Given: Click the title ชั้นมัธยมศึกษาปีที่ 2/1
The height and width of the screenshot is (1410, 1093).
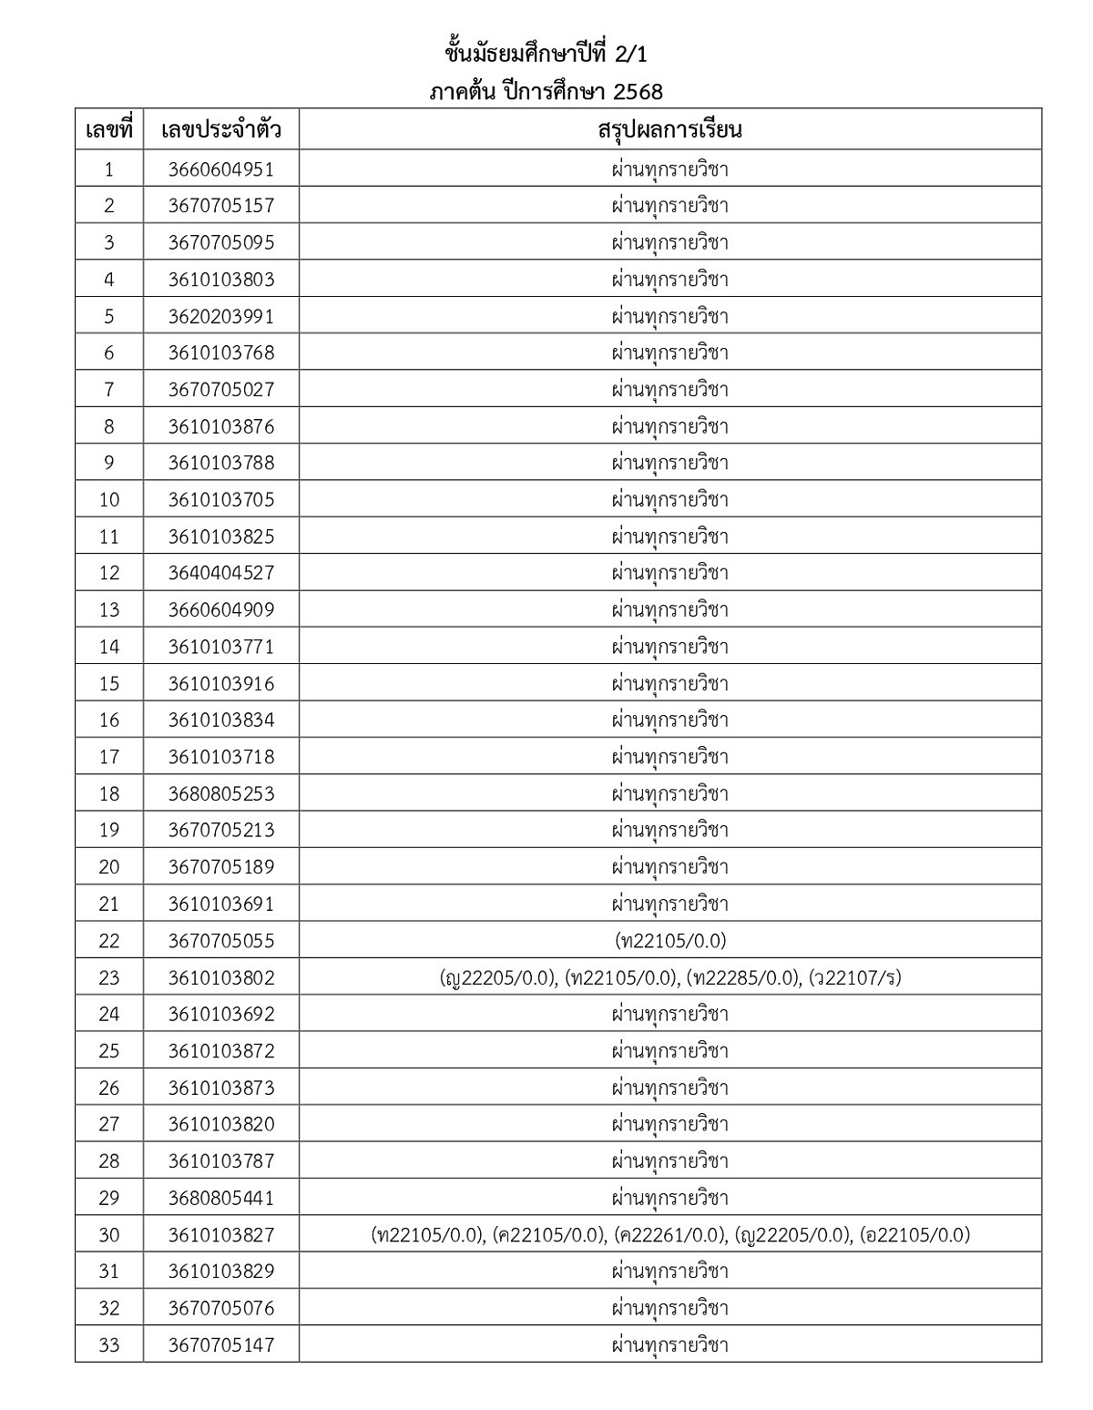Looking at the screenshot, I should (546, 55).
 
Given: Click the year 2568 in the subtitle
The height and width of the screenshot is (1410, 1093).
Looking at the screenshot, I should (638, 92).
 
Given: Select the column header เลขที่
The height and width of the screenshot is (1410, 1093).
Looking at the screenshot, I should (109, 129).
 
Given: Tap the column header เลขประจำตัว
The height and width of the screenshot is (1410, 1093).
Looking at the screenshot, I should (220, 129).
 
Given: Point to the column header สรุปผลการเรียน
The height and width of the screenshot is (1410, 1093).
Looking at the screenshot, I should (669, 129).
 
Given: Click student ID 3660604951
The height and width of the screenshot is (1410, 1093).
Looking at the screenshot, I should (220, 169).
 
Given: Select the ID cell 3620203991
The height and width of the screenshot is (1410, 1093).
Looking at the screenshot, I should (220, 316).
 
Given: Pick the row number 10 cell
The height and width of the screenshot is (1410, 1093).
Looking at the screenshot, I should (109, 499).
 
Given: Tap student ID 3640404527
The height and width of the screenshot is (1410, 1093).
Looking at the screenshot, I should (220, 573).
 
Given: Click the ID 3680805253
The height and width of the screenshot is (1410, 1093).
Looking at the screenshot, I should (220, 793).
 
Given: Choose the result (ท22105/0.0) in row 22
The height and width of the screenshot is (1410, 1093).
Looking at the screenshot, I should (670, 940).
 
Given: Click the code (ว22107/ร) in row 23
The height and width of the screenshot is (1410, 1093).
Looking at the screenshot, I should (854, 977).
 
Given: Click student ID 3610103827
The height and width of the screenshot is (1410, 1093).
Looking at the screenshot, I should (220, 1234).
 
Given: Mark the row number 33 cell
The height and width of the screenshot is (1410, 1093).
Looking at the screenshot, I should (109, 1344).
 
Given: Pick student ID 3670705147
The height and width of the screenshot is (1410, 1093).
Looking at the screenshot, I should (220, 1344).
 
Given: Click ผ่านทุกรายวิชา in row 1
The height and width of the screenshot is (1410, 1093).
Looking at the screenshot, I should (669, 169).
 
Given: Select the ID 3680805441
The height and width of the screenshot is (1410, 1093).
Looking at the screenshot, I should (220, 1198).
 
